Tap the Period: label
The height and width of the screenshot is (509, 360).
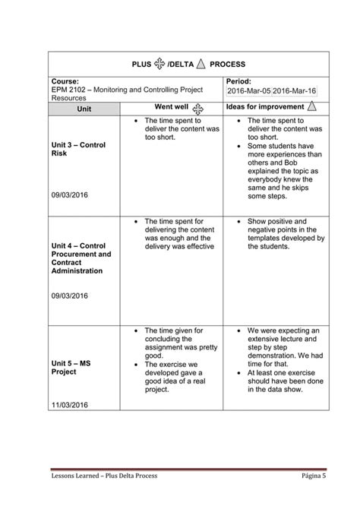click(242, 81)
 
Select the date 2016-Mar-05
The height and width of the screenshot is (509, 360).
click(248, 91)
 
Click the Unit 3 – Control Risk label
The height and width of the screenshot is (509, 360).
click(78, 149)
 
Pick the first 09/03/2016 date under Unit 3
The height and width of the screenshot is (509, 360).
click(70, 195)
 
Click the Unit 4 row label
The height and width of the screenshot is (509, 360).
click(81, 258)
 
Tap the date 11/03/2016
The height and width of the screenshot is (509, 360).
click(70, 414)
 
